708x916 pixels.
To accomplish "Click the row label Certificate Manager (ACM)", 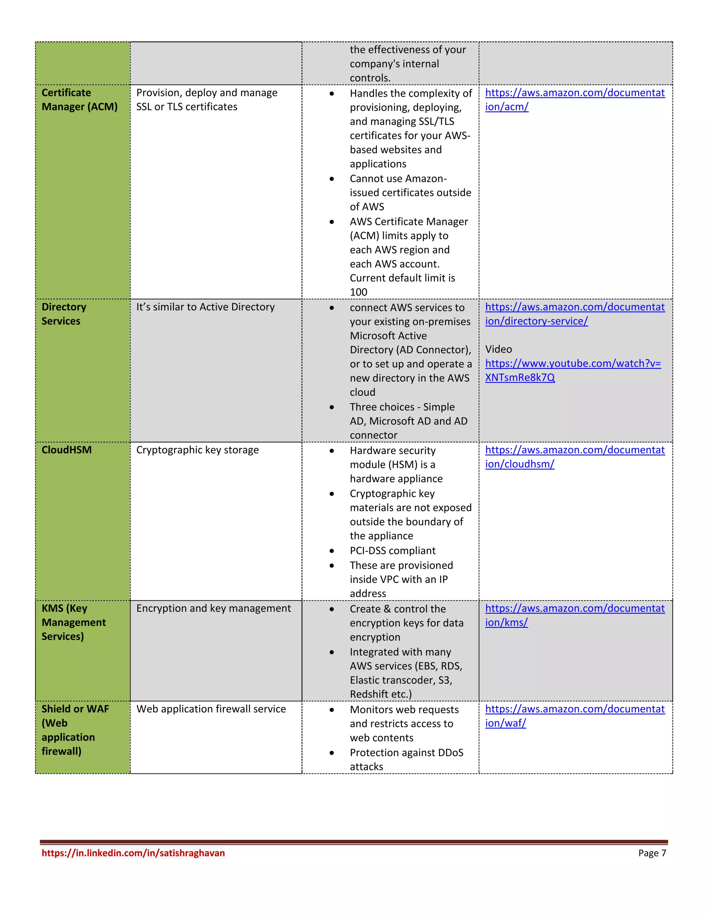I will (x=79, y=100).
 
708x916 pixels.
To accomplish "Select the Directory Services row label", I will (x=64, y=314).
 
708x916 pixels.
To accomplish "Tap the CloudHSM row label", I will (x=66, y=450).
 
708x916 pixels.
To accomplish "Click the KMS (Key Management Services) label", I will (x=73, y=623).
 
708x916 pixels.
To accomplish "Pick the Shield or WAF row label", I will (x=75, y=730).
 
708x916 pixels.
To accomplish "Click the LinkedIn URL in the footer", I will (x=133, y=853).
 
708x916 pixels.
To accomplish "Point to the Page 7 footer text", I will (x=652, y=853).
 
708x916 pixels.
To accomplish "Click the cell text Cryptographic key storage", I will (x=197, y=450).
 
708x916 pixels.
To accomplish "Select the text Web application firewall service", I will (x=211, y=709).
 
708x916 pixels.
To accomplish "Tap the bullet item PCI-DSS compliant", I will (x=393, y=551).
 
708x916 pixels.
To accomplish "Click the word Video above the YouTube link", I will (x=498, y=349).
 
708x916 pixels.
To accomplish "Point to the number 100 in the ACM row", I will (x=358, y=292).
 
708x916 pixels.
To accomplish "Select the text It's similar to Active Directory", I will (x=205, y=307).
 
